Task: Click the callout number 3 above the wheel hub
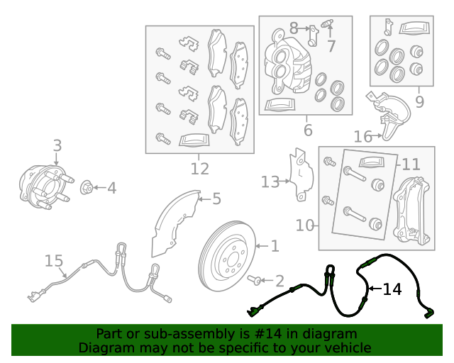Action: click(57, 145)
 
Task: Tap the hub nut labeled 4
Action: click(86, 188)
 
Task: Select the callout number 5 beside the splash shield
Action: click(216, 199)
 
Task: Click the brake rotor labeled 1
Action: click(227, 256)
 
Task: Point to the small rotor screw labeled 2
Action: click(255, 279)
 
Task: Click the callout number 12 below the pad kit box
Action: click(200, 169)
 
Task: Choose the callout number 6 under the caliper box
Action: click(308, 130)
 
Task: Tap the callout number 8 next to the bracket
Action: click(294, 28)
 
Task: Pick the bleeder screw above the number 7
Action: click(328, 23)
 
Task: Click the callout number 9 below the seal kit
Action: click(419, 101)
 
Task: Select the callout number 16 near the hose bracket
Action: click(363, 136)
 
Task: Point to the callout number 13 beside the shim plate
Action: click(270, 182)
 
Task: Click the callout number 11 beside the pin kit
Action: click(411, 164)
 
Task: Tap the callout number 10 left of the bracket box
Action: click(305, 225)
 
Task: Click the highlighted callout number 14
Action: click(392, 289)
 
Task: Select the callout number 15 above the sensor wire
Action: click(54, 261)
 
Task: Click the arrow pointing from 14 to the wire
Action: click(375, 289)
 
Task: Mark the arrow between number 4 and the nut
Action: click(99, 188)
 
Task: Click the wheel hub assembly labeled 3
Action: click(46, 186)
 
